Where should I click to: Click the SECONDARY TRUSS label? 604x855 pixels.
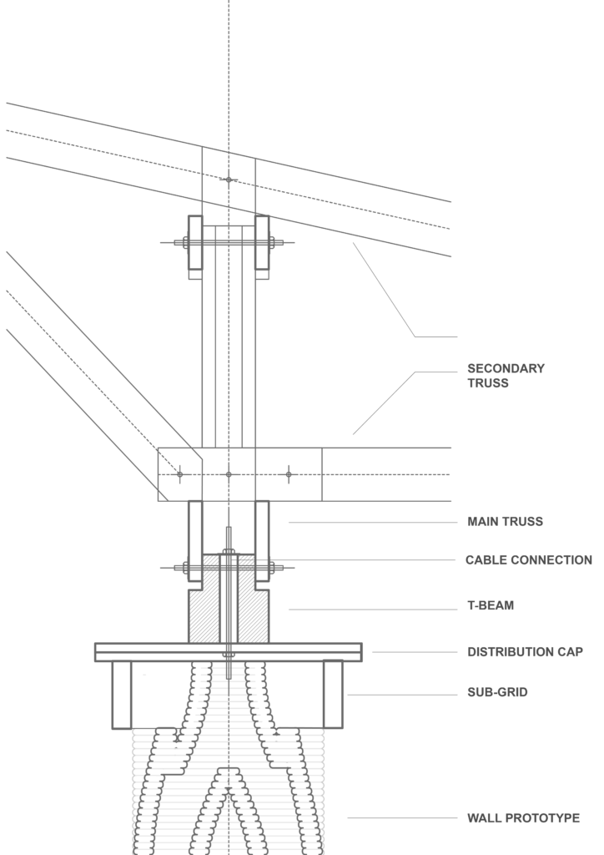pyautogui.click(x=506, y=376)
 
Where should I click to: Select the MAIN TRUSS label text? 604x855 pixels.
pyautogui.click(x=505, y=522)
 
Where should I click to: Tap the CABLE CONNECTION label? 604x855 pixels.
pyautogui.click(x=528, y=560)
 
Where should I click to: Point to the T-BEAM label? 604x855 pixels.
pyautogui.click(x=491, y=605)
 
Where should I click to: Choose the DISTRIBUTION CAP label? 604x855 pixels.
pyautogui.click(x=525, y=651)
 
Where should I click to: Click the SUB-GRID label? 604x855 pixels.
pyautogui.click(x=497, y=692)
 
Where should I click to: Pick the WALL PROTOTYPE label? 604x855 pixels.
pyautogui.click(x=523, y=818)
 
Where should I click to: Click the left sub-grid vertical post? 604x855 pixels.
pyautogui.click(x=122, y=695)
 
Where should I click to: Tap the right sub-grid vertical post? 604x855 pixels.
pyautogui.click(x=334, y=695)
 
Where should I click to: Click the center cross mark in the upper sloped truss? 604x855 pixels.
pyautogui.click(x=229, y=180)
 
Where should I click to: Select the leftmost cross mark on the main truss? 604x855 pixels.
pyautogui.click(x=179, y=474)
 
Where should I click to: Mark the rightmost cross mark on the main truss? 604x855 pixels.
pyautogui.click(x=289, y=474)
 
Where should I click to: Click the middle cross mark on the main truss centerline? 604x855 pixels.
pyautogui.click(x=229, y=474)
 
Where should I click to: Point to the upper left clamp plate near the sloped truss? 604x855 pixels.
pyautogui.click(x=195, y=243)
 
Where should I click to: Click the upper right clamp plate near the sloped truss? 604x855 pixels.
pyautogui.click(x=262, y=243)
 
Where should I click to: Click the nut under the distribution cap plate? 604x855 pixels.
pyautogui.click(x=229, y=655)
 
